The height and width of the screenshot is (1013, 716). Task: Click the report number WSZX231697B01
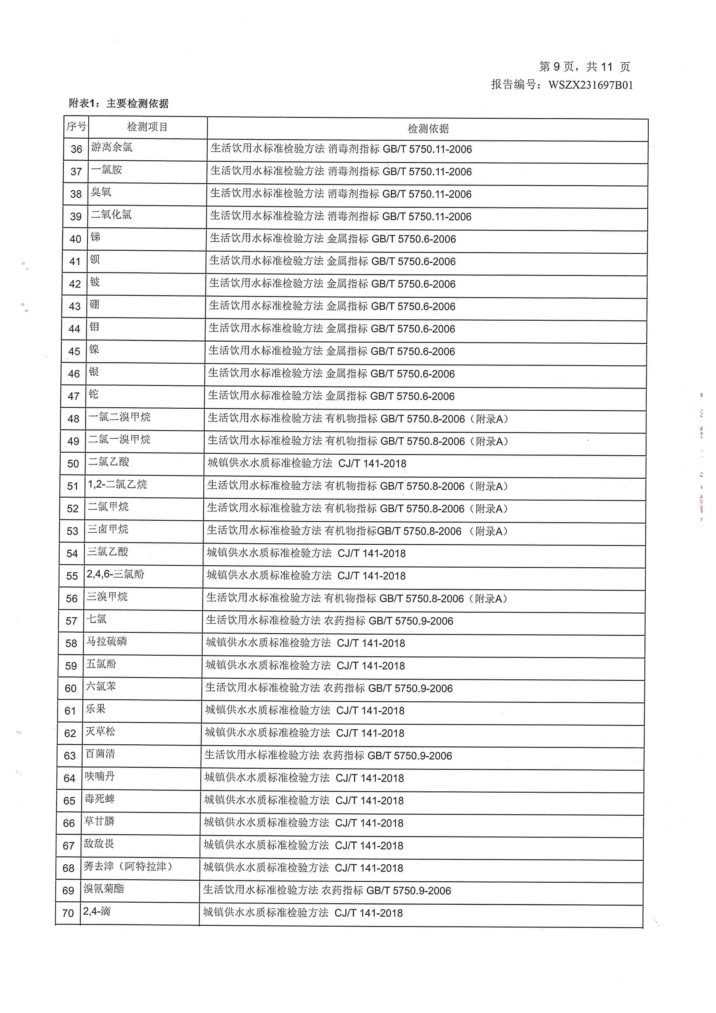(590, 85)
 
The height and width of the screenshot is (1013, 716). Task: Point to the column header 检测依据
(428, 129)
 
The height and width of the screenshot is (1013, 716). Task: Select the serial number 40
(75, 239)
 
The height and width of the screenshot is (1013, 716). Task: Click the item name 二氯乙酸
(109, 462)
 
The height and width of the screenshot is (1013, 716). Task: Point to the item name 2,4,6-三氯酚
(115, 574)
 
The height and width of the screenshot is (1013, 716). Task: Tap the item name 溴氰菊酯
(104, 889)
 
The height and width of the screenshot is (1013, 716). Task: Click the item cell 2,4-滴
(96, 911)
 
